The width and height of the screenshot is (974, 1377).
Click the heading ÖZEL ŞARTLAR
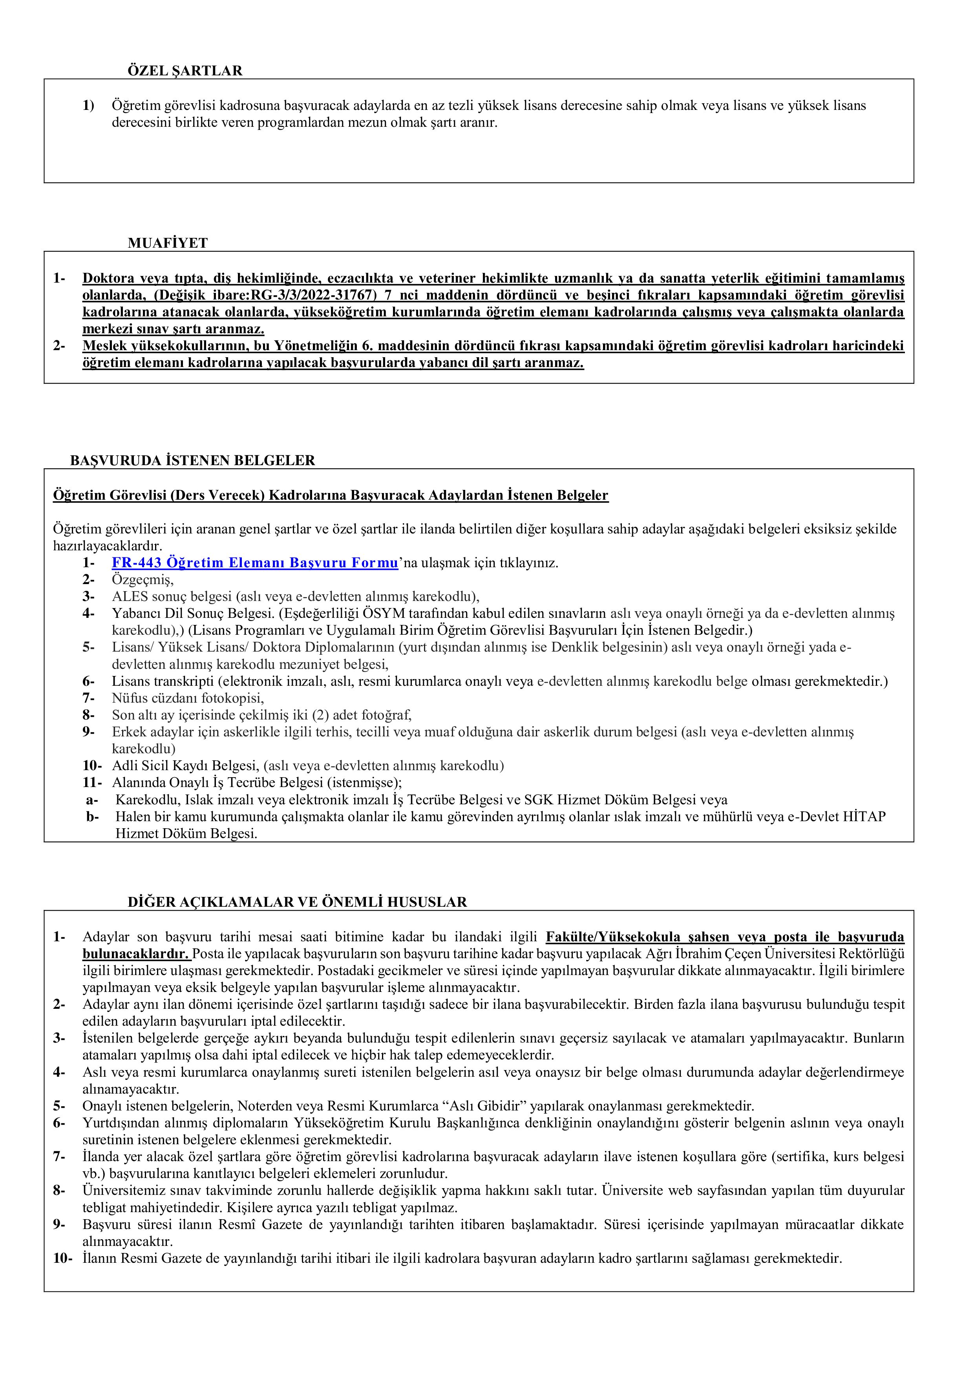point(185,71)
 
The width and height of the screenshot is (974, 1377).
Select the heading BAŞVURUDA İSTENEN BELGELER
point(192,460)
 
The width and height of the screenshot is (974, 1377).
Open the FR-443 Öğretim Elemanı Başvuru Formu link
point(255,563)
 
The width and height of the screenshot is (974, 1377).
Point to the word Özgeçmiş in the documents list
point(142,580)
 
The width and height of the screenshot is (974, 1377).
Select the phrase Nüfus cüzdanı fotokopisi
point(187,698)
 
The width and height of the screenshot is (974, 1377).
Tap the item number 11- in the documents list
point(91,783)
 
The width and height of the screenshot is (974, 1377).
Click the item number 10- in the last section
point(62,1258)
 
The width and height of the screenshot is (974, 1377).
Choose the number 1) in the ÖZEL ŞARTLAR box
point(88,106)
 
